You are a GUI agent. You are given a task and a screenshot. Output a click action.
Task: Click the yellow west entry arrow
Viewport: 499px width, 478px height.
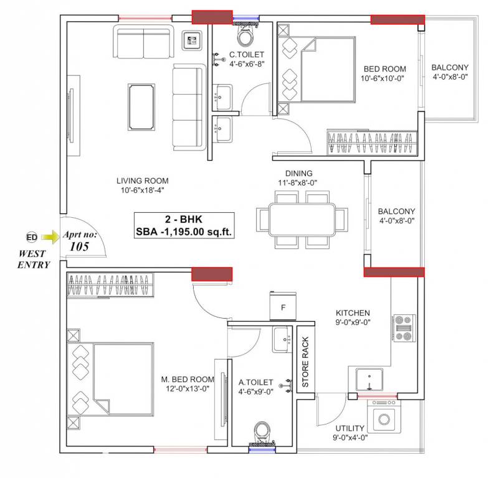(x=49, y=237)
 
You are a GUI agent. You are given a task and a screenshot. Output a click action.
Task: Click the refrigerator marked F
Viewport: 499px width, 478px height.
(x=283, y=307)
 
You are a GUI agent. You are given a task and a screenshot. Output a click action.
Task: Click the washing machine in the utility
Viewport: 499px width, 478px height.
(x=385, y=416)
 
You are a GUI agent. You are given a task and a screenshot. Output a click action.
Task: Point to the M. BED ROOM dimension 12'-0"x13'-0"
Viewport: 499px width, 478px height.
(x=187, y=388)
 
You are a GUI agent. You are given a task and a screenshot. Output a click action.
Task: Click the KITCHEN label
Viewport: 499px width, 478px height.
(x=353, y=312)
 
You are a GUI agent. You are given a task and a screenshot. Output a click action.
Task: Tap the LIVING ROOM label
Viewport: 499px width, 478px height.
(x=143, y=180)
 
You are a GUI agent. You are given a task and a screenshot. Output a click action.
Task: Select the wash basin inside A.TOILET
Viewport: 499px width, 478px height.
(x=281, y=340)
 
